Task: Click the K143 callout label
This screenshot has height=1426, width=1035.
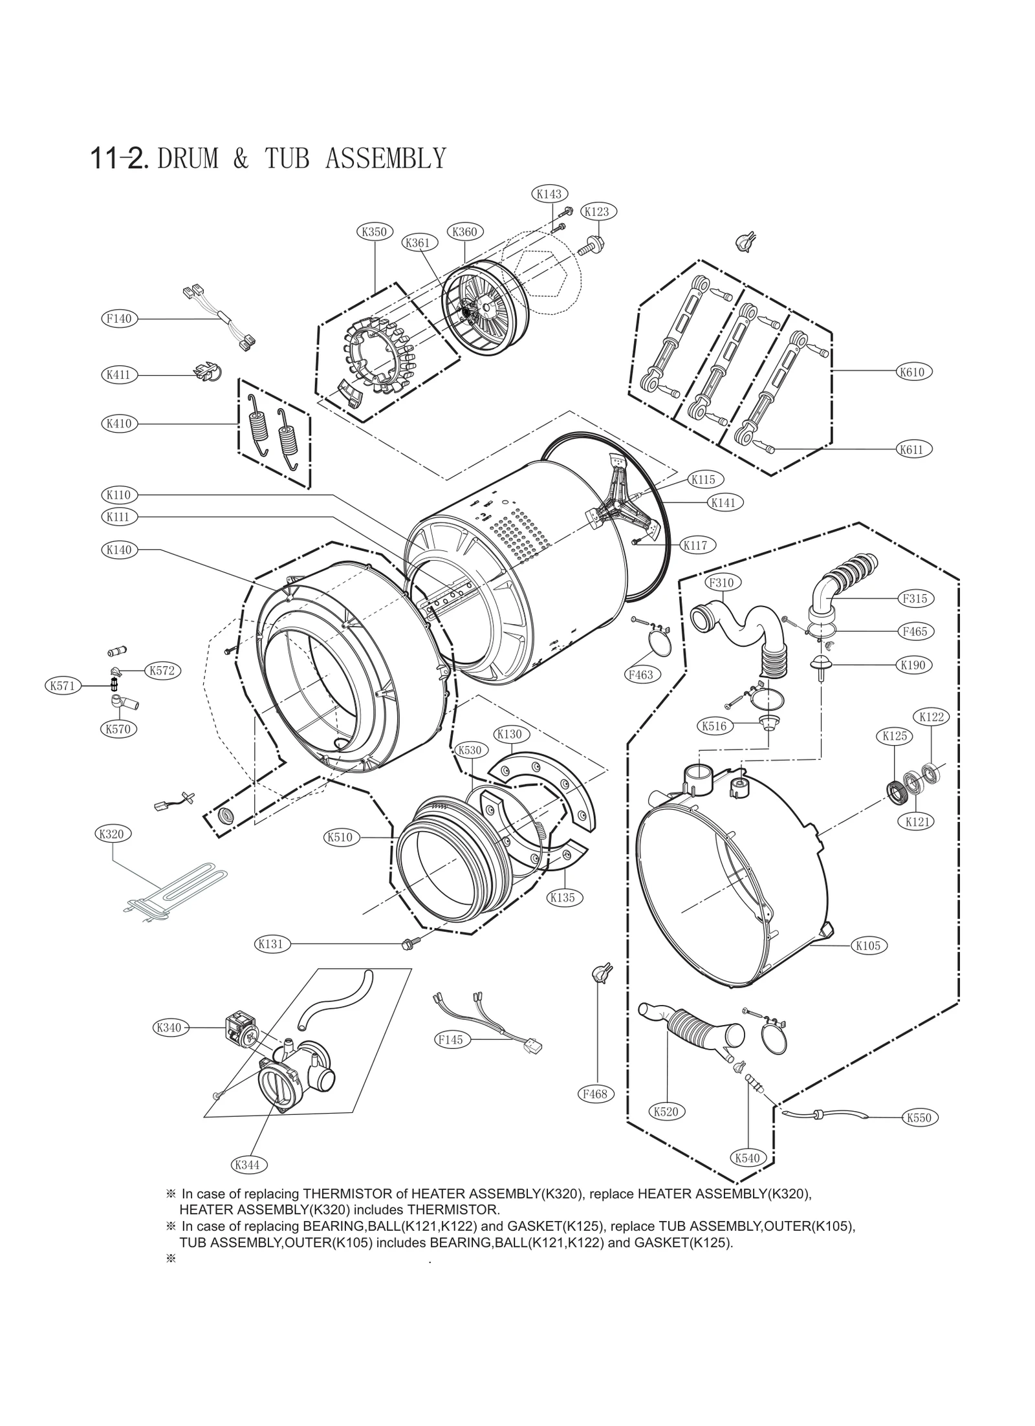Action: coord(549,193)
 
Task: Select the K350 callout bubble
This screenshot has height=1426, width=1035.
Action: coord(375,232)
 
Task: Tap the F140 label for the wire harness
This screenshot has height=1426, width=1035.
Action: coord(119,318)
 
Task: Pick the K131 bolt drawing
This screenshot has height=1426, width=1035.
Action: coord(411,944)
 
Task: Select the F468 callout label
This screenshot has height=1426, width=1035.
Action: coord(594,1094)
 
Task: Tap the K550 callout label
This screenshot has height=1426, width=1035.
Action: coord(919,1118)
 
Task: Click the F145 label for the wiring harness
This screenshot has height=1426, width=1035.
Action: coord(450,1040)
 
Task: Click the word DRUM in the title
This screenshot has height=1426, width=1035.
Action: coord(188,158)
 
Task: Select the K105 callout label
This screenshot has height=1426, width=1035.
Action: coord(868,945)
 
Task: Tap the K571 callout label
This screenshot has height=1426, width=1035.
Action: coord(63,686)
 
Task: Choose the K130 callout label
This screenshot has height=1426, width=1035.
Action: coord(509,734)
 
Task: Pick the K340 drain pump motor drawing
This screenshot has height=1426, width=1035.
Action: coord(238,1028)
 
